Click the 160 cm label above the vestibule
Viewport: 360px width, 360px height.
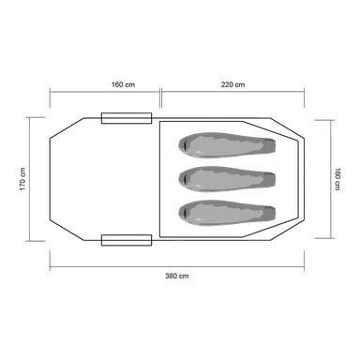click(x=123, y=84)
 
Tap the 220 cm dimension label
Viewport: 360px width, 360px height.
click(x=232, y=84)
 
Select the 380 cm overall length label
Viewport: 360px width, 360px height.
click(x=177, y=276)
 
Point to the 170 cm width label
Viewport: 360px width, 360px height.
click(x=22, y=179)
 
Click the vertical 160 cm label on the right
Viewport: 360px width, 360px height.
click(x=337, y=179)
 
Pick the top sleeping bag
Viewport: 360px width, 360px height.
click(x=227, y=145)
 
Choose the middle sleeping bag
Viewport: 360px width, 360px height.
click(x=227, y=179)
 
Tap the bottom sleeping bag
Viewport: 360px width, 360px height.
click(x=227, y=213)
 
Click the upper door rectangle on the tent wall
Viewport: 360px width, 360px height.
click(x=127, y=118)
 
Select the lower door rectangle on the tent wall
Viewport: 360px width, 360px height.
click(x=127, y=240)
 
